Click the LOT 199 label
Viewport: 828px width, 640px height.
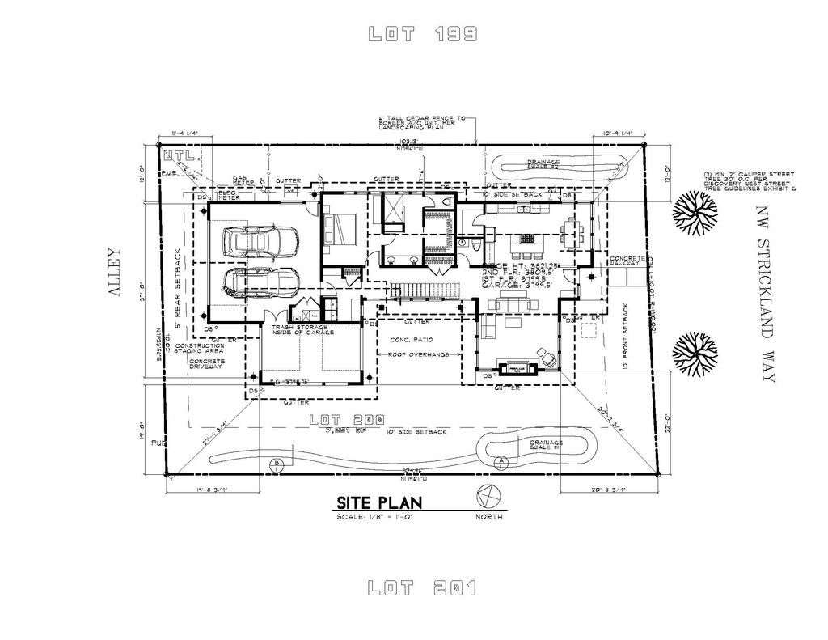(x=422, y=34)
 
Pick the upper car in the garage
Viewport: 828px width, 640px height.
(x=260, y=240)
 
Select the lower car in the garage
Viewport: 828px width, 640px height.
(x=260, y=281)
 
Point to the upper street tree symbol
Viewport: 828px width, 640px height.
(x=694, y=212)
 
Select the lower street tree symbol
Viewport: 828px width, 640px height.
(x=694, y=354)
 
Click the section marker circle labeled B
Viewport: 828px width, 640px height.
(x=277, y=464)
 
